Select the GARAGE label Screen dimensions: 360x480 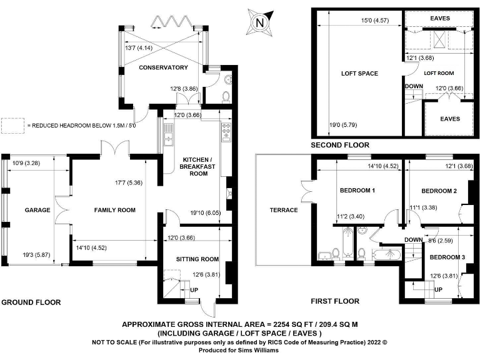(37, 210)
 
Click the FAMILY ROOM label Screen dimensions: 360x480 (115, 210)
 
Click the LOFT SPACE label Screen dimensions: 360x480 (359, 73)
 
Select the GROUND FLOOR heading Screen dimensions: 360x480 (31, 302)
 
